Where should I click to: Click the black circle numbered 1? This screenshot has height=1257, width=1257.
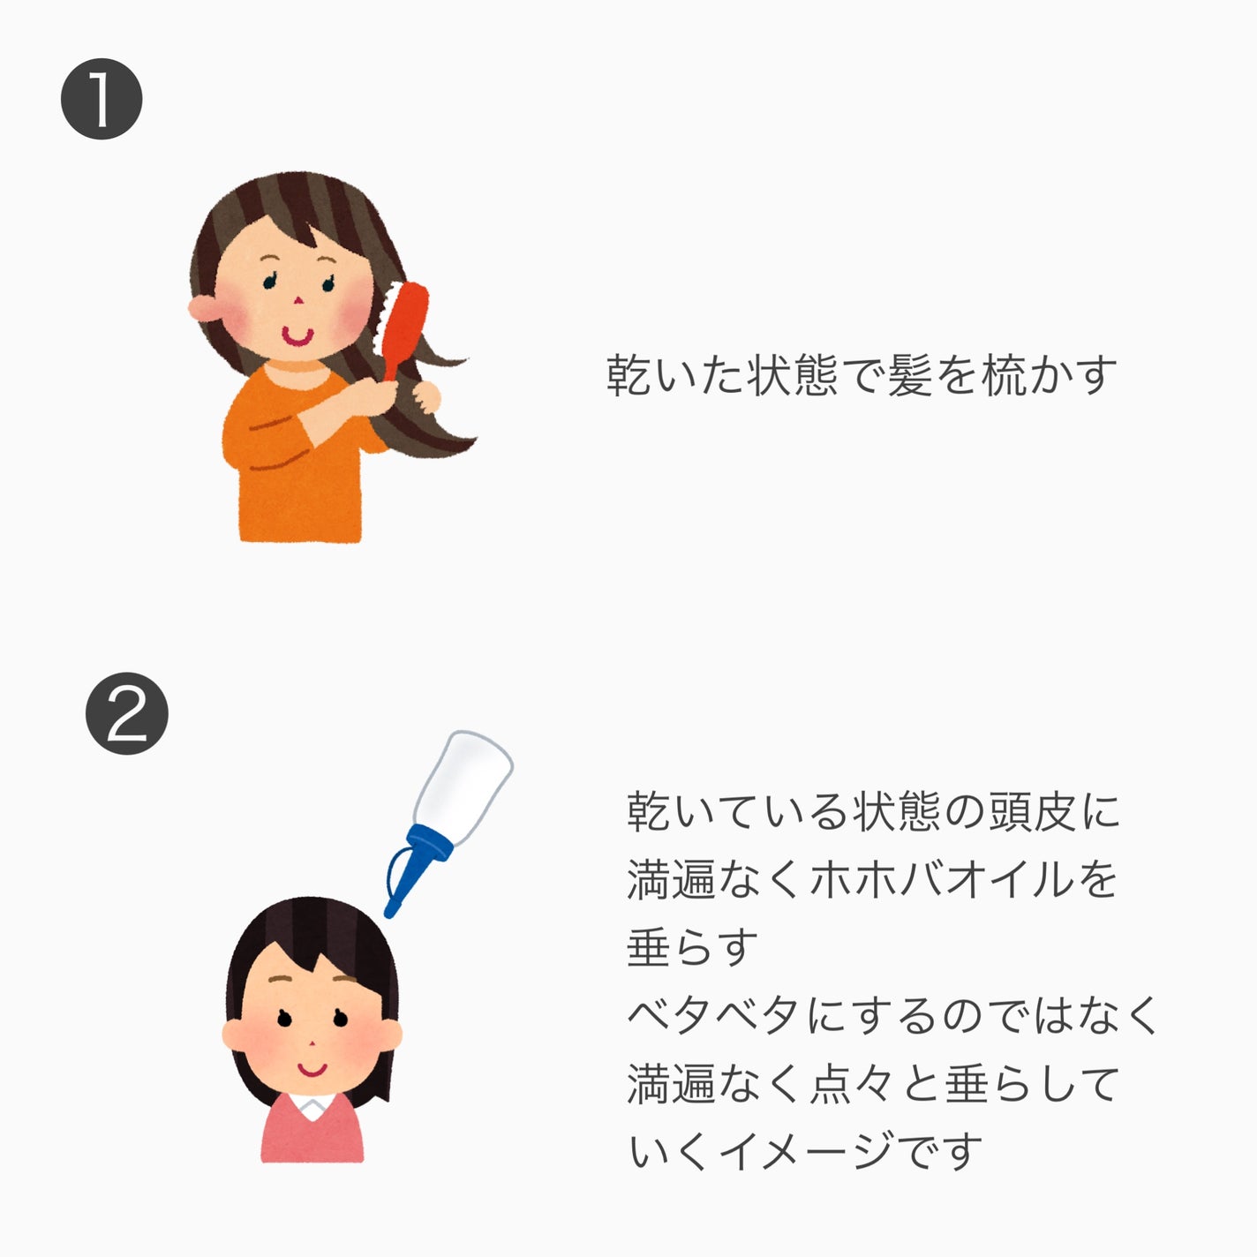102,99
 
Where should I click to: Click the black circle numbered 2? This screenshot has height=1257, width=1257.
126,713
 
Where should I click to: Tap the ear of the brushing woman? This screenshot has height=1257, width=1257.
202,306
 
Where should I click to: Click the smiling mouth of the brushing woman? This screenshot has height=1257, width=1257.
296,335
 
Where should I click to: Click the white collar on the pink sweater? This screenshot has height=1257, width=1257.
312,1104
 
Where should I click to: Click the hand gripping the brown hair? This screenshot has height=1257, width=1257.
427,396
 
